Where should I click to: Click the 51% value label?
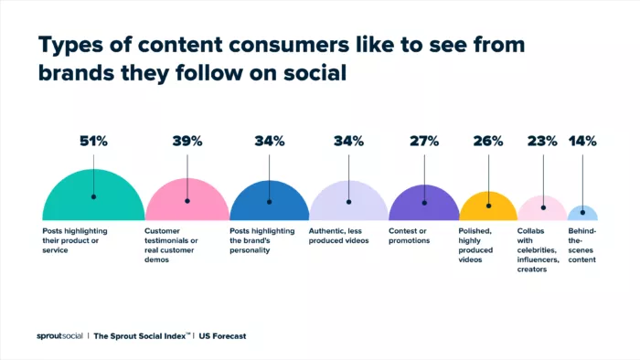[92, 142]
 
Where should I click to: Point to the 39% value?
[187, 142]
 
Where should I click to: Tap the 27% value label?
[424, 142]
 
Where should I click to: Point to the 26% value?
[488, 142]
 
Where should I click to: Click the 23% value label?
[543, 142]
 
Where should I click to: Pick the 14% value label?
[582, 142]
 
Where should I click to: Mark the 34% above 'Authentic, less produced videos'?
[348, 142]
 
